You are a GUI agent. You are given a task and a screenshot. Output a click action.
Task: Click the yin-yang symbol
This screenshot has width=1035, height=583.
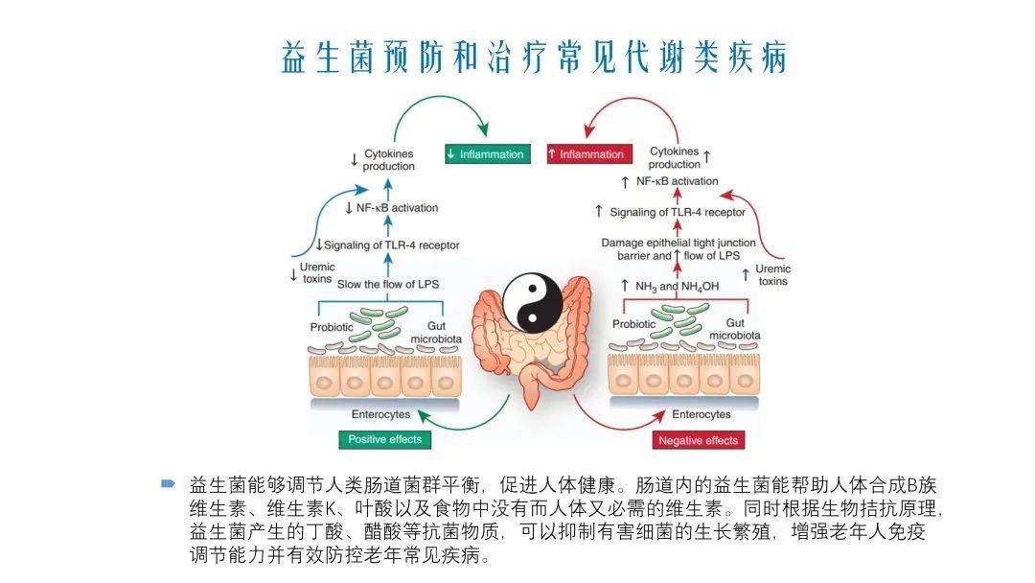pos(533,299)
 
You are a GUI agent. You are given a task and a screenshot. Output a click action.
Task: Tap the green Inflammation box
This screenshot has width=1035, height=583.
pos(487,153)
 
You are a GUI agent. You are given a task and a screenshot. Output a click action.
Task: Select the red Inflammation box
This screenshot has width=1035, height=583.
pos(586,153)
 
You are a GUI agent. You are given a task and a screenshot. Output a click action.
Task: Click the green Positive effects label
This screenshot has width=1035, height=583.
pos(383,439)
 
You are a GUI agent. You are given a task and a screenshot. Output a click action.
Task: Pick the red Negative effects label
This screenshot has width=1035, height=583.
pos(699,440)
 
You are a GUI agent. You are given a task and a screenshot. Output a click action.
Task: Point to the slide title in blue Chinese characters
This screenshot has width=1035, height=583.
pos(534,57)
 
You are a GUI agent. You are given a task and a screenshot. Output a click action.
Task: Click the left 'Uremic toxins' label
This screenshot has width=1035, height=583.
pos(315,272)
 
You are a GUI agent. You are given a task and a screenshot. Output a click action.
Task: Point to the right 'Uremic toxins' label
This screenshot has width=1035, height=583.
pos(772,275)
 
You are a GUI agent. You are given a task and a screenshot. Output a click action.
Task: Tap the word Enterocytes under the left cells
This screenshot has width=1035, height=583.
pos(381,414)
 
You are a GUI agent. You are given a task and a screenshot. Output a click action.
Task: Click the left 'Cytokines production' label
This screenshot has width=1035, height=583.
pos(388,159)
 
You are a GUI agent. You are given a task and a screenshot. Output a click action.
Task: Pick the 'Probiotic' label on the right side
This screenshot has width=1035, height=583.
pos(634,324)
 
